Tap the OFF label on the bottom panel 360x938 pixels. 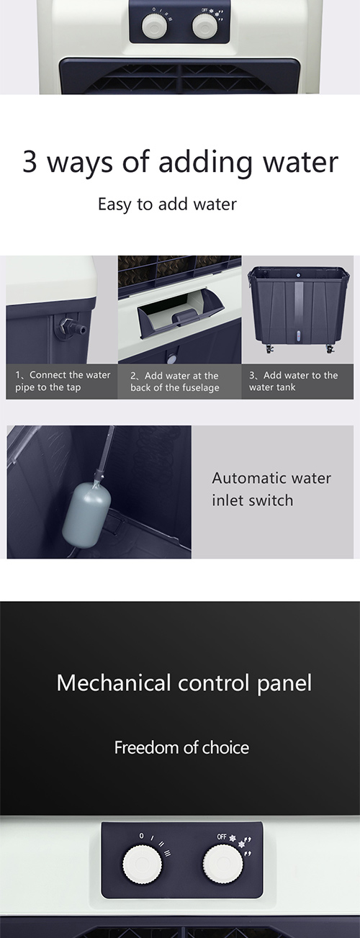222,836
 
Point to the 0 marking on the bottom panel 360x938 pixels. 142,836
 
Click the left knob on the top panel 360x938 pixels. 155,26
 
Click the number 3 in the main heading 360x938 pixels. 30,162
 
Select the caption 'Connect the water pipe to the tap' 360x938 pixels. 63,381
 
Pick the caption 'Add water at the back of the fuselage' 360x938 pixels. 174,382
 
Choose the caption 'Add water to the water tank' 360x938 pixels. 294,381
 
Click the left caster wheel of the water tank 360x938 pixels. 269,349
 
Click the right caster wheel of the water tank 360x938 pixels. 330,349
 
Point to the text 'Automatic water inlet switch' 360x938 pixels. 271,489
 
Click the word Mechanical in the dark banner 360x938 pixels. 114,683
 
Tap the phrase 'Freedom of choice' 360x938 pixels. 181,747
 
